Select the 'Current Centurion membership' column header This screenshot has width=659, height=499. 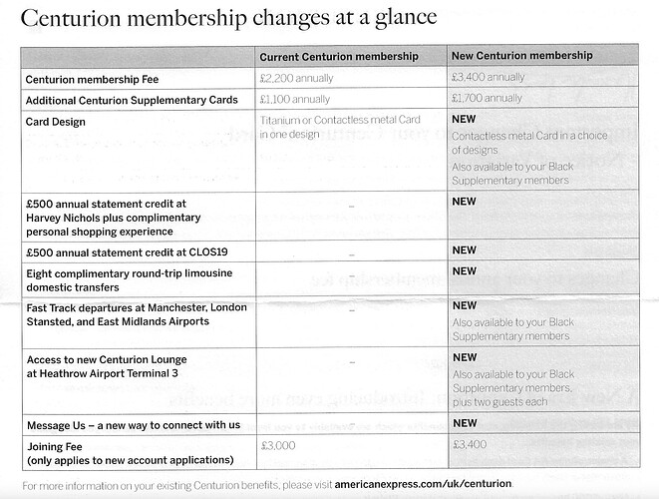pyautogui.click(x=338, y=56)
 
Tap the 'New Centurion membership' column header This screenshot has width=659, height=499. pyautogui.click(x=521, y=56)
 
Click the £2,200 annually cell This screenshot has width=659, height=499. pyautogui.click(x=297, y=78)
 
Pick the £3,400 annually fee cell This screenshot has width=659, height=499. pyautogui.click(x=489, y=78)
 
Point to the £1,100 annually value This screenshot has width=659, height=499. pyautogui.click(x=296, y=100)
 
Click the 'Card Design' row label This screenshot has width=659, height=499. pyautogui.click(x=58, y=122)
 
